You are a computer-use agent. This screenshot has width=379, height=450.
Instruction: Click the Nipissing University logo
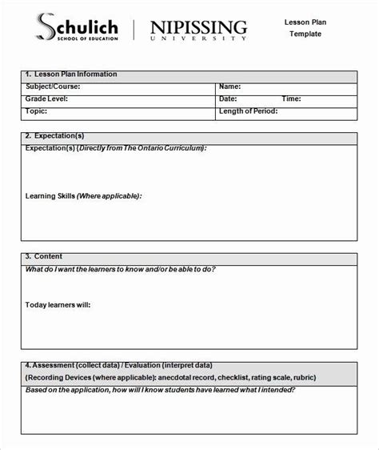click(x=199, y=28)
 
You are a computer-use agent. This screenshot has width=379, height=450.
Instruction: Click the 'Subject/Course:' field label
click(x=54, y=86)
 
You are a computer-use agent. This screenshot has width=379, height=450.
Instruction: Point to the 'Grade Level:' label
click(x=46, y=98)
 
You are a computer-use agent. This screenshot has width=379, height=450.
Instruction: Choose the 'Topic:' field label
click(x=36, y=111)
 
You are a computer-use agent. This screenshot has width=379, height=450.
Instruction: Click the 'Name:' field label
click(x=230, y=86)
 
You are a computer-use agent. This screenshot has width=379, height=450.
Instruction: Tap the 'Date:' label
click(x=229, y=98)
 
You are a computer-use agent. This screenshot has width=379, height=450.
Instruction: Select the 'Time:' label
click(x=291, y=98)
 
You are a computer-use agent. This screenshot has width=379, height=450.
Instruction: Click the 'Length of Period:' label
click(x=249, y=111)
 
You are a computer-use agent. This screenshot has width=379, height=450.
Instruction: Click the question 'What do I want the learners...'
click(x=120, y=269)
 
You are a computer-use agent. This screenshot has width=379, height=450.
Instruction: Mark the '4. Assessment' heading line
click(x=128, y=366)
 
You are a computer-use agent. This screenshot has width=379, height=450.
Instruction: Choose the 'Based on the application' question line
click(x=160, y=390)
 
